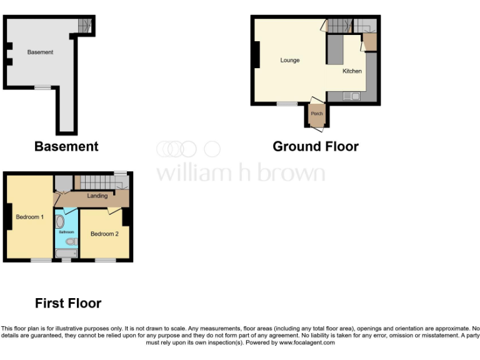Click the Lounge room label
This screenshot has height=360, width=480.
coord(290,61)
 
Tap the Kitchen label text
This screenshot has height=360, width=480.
coord(352,71)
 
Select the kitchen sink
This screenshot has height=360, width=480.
coord(351,96)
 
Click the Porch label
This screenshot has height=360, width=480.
coord(317,114)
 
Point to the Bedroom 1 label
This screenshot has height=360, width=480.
coord(29,217)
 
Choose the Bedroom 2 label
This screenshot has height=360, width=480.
coord(104,234)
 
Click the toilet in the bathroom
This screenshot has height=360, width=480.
coord(71,241)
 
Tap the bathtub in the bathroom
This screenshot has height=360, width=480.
coord(66,253)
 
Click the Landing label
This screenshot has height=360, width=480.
coord(97,196)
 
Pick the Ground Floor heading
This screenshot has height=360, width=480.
coord(316,146)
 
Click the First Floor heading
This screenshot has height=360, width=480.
coord(68,304)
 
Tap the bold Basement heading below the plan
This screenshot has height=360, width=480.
coord(66,146)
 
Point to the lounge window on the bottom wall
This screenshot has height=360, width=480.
coord(287,103)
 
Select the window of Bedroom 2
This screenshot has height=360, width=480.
coord(105,260)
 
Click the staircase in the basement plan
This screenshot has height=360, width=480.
coord(84,26)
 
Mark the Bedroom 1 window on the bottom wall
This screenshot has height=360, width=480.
coord(42,260)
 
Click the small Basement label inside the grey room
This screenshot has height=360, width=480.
coord(40,52)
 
